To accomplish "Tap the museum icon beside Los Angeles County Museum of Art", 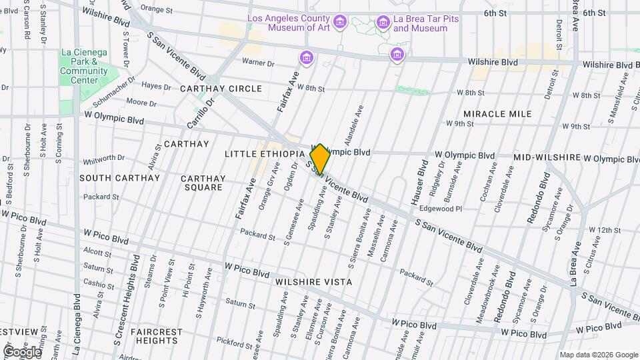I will click(340, 23).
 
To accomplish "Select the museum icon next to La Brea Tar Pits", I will click(383, 23).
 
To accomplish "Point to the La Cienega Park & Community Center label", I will click(83, 66).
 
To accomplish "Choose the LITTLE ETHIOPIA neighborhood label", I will click(265, 154).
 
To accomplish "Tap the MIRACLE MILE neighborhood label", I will click(497, 114).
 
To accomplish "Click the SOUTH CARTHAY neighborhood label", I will click(120, 178).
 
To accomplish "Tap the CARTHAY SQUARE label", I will click(204, 183).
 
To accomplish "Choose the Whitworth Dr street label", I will click(104, 159).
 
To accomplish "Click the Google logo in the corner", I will click(22, 351).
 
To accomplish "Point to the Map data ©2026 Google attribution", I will click(598, 355).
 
